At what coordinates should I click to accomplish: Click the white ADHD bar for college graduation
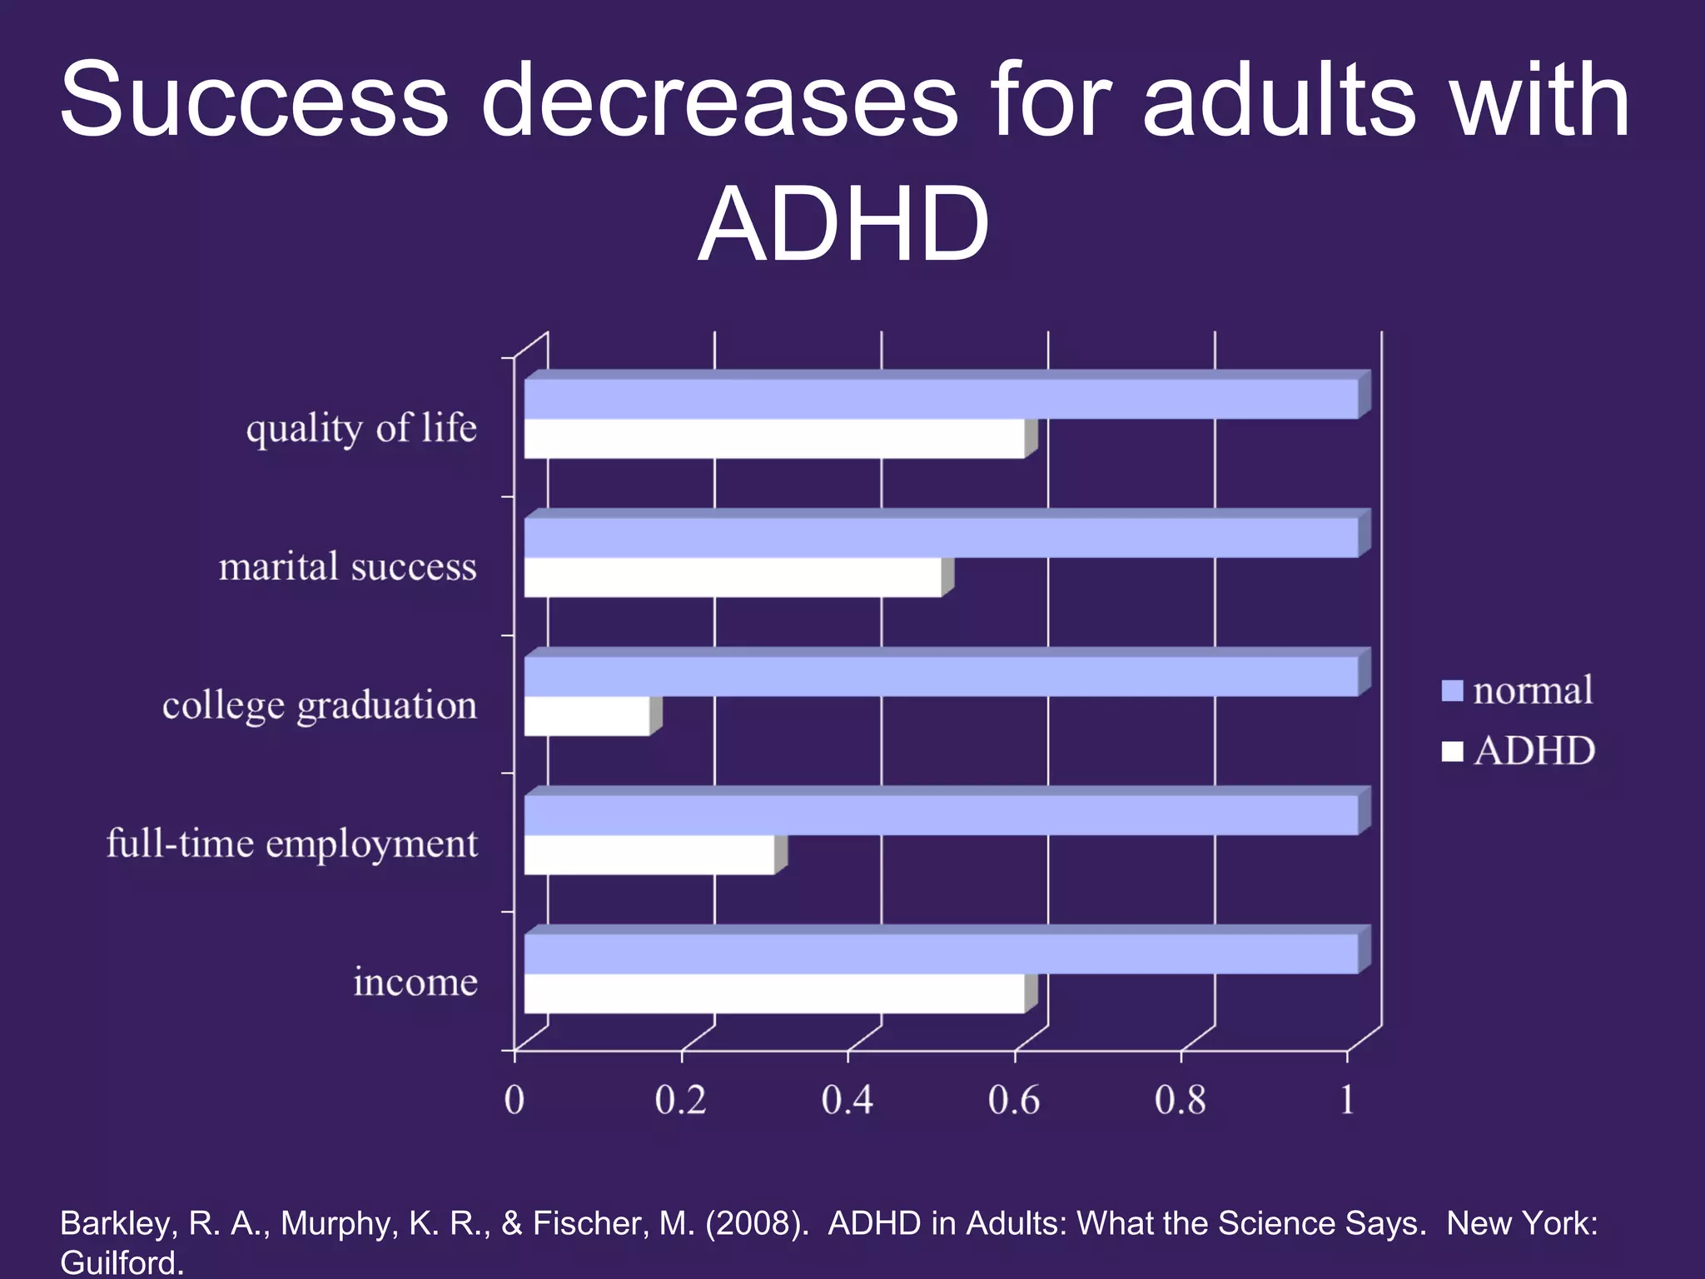[587, 716]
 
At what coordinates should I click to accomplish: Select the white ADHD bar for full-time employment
[649, 854]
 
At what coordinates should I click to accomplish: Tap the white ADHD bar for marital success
[733, 577]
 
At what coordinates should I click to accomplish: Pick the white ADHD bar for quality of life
[774, 439]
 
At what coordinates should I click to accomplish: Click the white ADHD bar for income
[774, 993]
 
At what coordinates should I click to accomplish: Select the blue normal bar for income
[941, 954]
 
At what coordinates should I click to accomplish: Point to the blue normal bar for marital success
[941, 538]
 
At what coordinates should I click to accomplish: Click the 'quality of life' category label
[361, 429]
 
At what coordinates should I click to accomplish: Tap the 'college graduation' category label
[320, 706]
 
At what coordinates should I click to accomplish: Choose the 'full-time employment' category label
[292, 844]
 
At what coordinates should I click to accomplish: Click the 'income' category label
[415, 983]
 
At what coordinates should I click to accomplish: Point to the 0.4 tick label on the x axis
[847, 1100]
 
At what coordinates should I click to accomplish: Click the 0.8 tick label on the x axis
[1180, 1100]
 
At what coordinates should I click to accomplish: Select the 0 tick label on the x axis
[514, 1100]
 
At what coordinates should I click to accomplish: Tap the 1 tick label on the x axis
[1347, 1100]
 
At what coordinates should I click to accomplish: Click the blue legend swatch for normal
[1452, 691]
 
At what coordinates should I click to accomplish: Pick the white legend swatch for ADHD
[1452, 751]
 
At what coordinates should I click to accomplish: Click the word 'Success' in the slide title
[255, 102]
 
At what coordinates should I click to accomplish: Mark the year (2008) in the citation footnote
[757, 1223]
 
